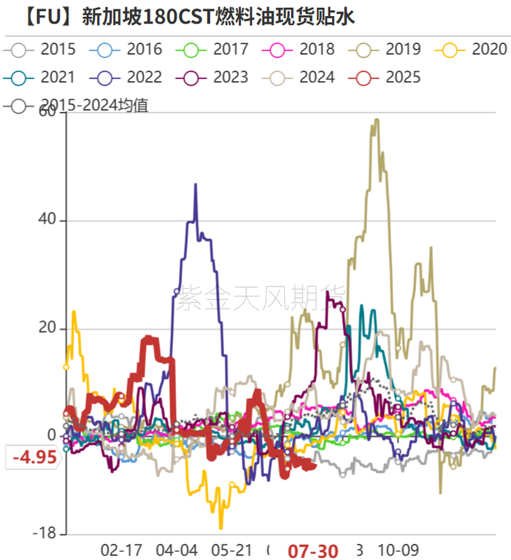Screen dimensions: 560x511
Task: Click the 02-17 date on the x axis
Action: pos(121,550)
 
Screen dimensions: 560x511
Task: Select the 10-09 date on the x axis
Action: pos(399,550)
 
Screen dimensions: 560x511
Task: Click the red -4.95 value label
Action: pos(34,458)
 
